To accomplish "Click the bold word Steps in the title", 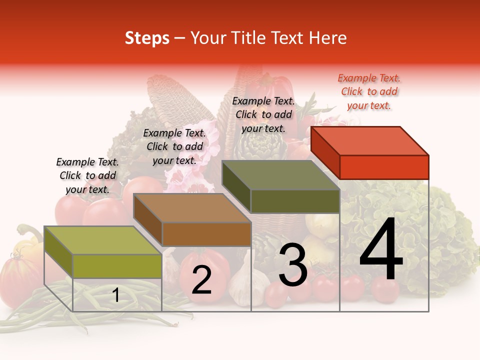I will (147, 38).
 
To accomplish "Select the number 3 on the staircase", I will (293, 266).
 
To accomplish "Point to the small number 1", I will (115, 295).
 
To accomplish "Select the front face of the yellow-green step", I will (117, 266).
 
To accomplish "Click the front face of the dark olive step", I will (295, 201).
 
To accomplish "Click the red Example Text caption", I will (369, 91).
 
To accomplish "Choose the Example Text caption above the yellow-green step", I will (87, 175).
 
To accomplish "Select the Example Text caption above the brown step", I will (174, 146).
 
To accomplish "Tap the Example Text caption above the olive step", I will (263, 114).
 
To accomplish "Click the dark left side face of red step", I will (325, 153).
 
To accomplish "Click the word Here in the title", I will (328, 38).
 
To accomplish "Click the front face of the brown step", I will (206, 234).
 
